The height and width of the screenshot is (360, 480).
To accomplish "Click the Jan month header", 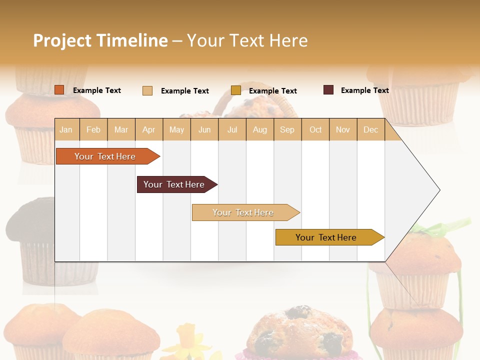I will [66, 129].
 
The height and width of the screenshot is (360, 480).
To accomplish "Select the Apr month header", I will [149, 129].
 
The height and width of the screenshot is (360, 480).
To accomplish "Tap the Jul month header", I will [232, 129].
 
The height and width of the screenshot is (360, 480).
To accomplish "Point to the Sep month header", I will [287, 129].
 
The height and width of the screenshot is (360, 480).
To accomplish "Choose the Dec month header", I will [370, 129].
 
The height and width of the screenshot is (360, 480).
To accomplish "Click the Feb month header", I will [93, 129].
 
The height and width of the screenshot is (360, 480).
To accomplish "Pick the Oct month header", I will [315, 129].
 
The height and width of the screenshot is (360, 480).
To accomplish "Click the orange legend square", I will [59, 90].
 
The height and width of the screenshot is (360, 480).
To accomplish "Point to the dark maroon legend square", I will [328, 90].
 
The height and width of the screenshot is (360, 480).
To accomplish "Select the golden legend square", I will [236, 90].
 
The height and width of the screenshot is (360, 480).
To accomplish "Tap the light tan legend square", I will [147, 90].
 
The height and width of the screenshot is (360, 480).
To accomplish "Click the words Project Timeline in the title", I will [100, 40].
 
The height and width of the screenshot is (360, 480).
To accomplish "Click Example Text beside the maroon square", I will [364, 90].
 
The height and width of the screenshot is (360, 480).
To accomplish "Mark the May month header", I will [176, 129].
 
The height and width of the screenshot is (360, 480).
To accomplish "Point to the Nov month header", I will [343, 129].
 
